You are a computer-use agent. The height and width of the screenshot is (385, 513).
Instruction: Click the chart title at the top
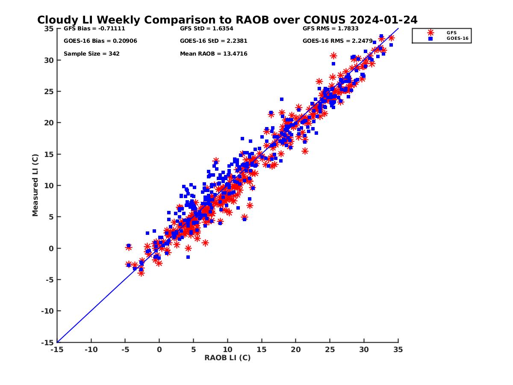point(227,20)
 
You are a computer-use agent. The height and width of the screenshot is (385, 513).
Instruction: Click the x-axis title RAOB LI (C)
point(227,358)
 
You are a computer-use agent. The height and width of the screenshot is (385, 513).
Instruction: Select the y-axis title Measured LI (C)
point(35,186)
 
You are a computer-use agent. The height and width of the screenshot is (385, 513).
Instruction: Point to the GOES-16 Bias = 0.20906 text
point(100,41)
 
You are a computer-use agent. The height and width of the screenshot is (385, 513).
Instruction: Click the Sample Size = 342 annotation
point(91,54)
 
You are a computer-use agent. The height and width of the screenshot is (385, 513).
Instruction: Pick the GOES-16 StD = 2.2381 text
point(214,41)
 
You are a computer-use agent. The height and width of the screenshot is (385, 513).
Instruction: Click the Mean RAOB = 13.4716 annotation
point(214,54)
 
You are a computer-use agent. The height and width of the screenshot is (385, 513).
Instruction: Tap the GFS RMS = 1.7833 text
point(330,29)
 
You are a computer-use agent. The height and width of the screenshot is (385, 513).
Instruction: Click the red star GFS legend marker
point(430,33)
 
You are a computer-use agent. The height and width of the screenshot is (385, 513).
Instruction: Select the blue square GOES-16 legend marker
point(430,38)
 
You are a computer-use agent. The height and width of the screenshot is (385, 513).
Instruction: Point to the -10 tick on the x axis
point(91,349)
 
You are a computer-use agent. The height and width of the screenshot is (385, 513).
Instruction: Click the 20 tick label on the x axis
point(296,349)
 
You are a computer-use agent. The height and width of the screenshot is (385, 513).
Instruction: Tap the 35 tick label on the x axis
point(398,349)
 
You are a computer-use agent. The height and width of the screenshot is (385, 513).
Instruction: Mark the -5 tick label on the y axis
point(48,280)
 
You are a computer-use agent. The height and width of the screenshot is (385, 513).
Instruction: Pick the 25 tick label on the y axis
point(49,92)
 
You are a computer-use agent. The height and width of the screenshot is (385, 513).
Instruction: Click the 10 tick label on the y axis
point(49,186)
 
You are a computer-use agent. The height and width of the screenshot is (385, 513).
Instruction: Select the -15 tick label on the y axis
point(47,342)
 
